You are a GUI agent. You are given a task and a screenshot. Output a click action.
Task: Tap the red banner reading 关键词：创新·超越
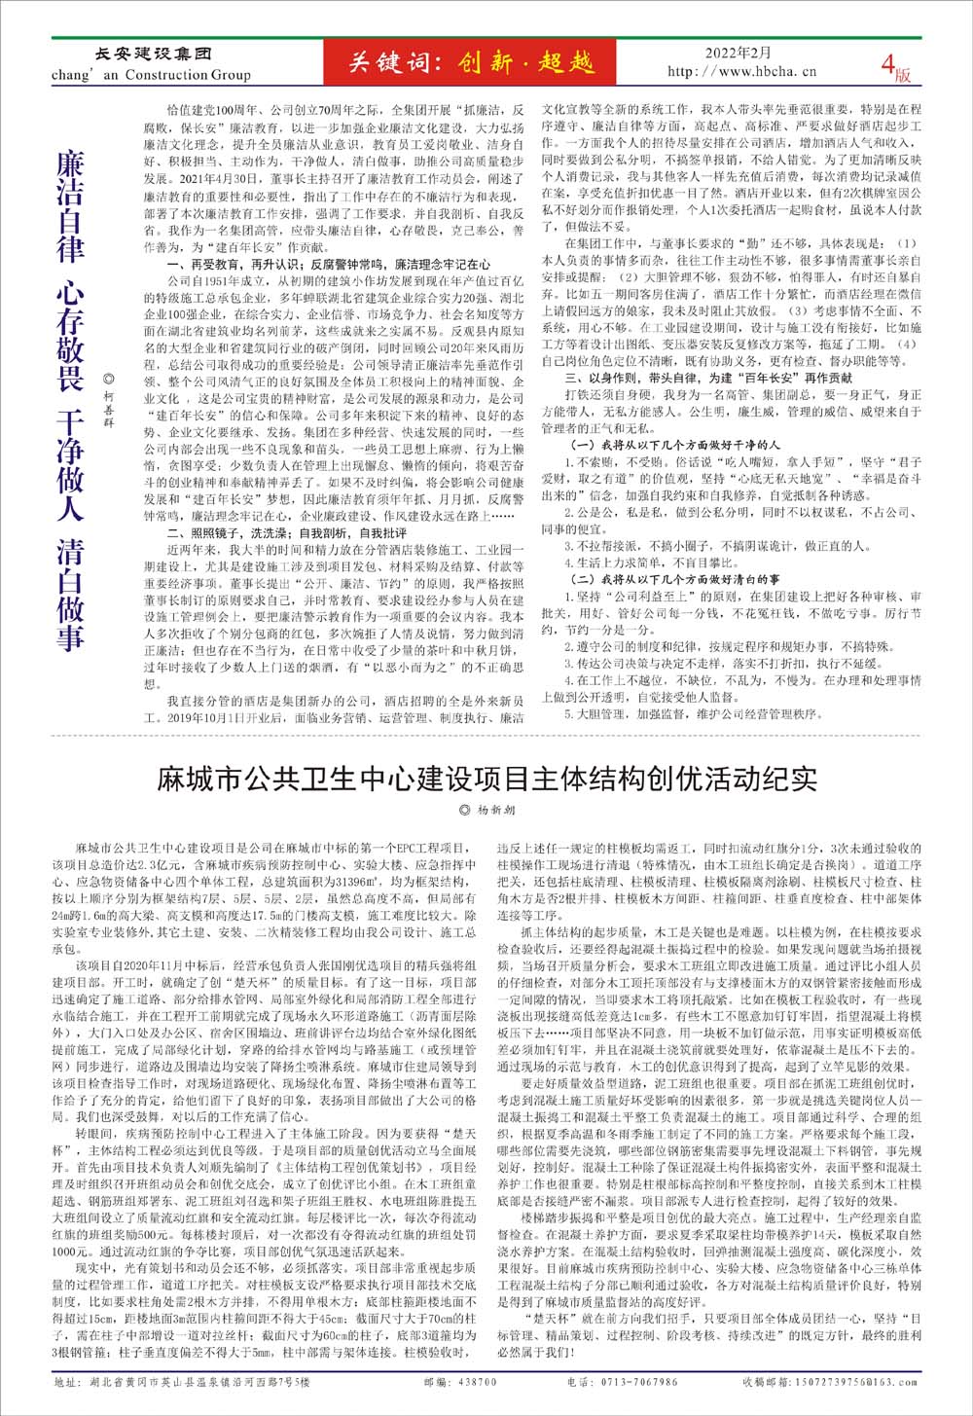[471, 63]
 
